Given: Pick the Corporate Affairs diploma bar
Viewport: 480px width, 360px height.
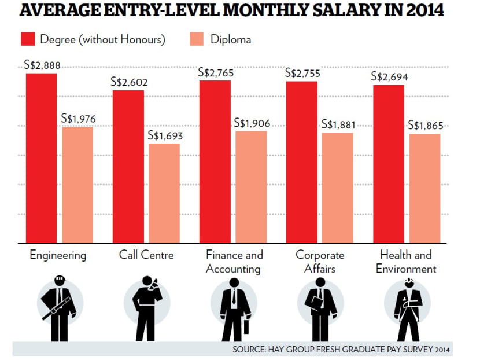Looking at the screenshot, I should click(x=337, y=188).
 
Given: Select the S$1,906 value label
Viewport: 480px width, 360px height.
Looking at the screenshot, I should click(x=252, y=123).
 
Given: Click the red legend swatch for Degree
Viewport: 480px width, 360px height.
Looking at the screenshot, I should click(x=28, y=39).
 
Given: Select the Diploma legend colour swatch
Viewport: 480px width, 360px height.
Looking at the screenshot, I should click(x=196, y=39).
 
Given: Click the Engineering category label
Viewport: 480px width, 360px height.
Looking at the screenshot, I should click(x=57, y=255).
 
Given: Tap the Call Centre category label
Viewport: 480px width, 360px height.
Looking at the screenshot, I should click(x=146, y=255).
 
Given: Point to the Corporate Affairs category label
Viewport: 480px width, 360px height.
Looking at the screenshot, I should click(x=319, y=262).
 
